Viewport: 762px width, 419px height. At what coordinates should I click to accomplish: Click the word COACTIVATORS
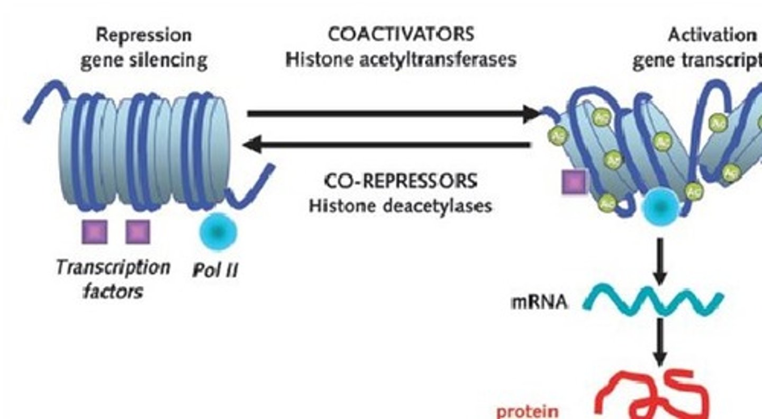coord(401,35)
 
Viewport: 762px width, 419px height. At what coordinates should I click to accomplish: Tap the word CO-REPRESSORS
coord(401,181)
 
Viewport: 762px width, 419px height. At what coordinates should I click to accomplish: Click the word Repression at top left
coord(143,35)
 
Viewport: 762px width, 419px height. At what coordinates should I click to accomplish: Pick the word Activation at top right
coord(712,35)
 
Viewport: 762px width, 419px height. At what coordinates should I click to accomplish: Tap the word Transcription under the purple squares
coord(113,267)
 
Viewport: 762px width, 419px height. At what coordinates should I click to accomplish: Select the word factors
coord(113,290)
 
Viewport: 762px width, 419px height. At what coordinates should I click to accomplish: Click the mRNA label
coord(539,303)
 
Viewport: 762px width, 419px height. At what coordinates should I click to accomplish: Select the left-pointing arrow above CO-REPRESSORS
coord(386,144)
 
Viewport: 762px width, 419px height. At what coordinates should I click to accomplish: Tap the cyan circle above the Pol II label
coord(218,232)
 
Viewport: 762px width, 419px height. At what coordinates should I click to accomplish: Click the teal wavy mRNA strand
coord(653,303)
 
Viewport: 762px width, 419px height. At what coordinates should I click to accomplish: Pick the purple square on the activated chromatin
coord(574,181)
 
